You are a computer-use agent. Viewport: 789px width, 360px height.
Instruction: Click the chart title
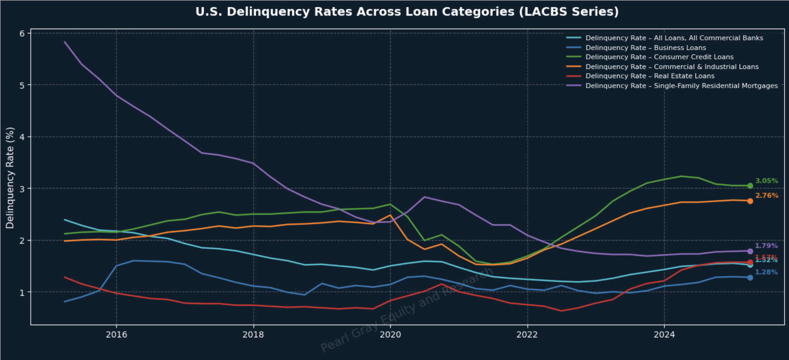407,12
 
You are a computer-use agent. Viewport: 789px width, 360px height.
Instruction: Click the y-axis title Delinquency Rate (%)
10,178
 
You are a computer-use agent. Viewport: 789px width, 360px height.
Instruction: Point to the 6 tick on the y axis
22,33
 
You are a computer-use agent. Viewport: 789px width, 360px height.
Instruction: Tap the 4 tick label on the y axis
22,137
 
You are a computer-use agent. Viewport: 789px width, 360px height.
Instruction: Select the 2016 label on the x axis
116,335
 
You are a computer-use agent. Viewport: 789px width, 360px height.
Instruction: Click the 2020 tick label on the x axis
390,335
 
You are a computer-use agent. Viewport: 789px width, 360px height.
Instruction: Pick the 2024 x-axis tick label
664,335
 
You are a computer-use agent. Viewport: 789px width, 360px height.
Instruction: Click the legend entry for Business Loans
645,47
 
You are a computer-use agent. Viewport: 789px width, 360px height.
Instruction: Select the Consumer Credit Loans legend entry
659,57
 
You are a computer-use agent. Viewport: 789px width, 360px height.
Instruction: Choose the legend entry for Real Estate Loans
650,76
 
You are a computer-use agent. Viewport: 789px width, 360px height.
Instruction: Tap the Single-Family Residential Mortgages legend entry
681,86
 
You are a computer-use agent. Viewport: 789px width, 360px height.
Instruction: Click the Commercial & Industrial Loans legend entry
672,67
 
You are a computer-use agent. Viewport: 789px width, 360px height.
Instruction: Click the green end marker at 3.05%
750,186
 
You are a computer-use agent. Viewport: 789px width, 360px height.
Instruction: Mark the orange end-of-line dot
750,201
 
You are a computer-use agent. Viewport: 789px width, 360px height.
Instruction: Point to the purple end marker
750,251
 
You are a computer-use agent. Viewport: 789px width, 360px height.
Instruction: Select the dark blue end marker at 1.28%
750,278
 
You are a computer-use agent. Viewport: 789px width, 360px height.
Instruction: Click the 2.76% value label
766,196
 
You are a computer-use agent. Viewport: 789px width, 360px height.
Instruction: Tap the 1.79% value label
766,246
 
